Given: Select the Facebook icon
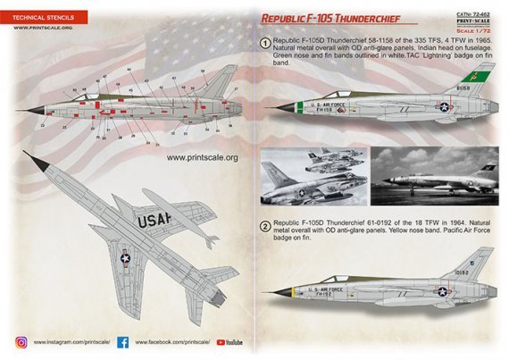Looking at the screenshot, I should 123,341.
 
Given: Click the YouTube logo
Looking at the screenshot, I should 229,341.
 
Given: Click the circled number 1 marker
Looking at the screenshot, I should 265,43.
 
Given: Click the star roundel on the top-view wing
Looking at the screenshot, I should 126,260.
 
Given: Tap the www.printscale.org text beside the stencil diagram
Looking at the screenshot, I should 202,158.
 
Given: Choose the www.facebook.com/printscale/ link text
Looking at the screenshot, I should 172,341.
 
